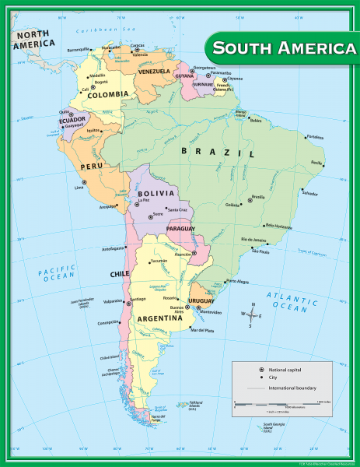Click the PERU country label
click(92, 167)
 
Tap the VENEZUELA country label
click(155, 72)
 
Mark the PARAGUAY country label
click(180, 228)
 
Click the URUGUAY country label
click(201, 300)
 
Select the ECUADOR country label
click(71, 120)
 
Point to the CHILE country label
click(119, 274)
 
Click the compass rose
click(251, 315)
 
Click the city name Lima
click(79, 188)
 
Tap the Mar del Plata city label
click(202, 329)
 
